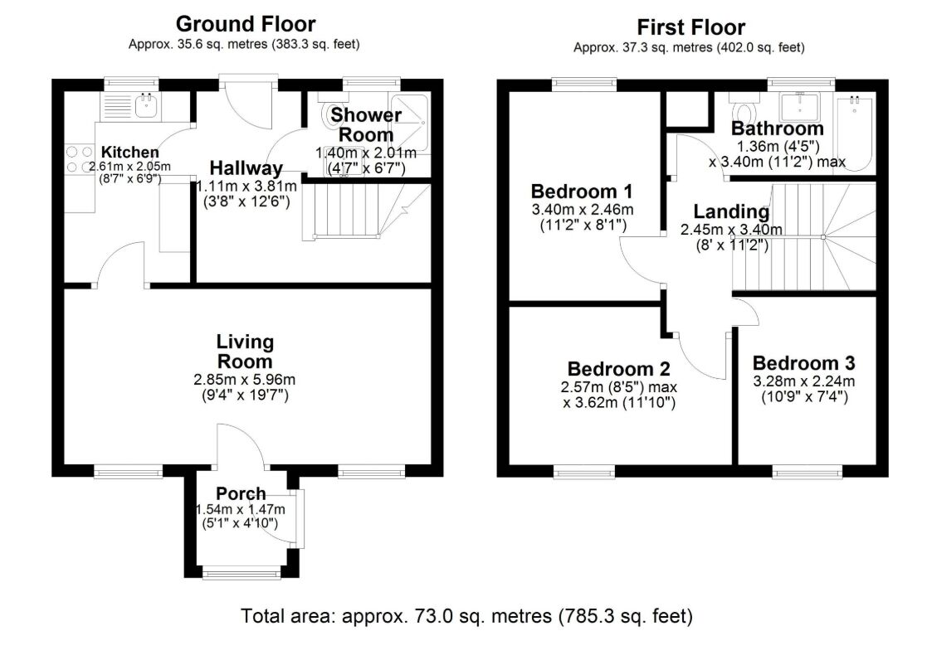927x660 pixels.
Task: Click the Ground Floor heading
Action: click(245, 24)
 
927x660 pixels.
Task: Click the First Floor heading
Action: click(690, 27)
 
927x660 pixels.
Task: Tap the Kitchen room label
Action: click(129, 153)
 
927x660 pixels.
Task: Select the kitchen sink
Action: click(147, 105)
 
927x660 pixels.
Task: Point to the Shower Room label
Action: click(362, 124)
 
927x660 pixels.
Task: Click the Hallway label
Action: click(246, 168)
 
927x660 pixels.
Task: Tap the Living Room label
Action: click(245, 352)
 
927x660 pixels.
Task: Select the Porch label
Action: click(241, 494)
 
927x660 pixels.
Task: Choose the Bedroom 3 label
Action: click(803, 363)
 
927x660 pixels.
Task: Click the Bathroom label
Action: click(777, 129)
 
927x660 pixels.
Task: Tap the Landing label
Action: click(731, 211)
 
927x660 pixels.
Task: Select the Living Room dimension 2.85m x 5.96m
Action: click(245, 380)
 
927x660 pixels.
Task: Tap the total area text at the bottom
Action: click(466, 616)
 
